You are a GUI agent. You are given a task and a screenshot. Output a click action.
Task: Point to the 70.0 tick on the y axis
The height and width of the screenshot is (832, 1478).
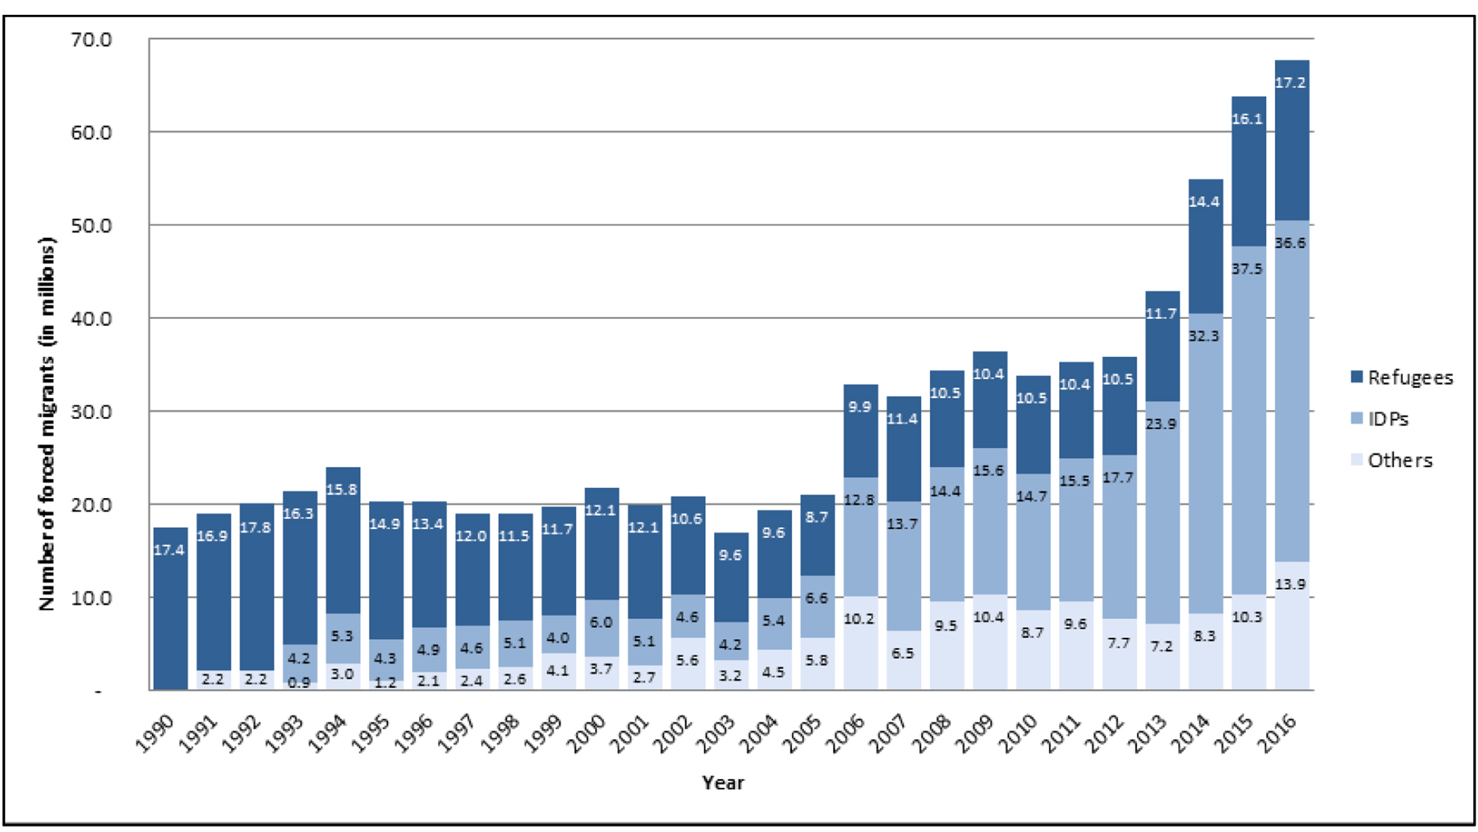(91, 40)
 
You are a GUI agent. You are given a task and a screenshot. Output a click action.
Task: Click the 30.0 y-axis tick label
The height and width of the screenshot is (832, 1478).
(91, 412)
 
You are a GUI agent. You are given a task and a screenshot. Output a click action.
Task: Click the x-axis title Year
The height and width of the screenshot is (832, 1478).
(723, 783)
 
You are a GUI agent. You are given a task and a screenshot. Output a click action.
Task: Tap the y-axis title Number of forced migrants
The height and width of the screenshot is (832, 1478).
(47, 424)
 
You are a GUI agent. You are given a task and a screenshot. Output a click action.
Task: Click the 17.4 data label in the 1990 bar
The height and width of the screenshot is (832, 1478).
(169, 550)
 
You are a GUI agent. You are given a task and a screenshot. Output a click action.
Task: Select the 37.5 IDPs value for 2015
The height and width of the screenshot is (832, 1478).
(1247, 269)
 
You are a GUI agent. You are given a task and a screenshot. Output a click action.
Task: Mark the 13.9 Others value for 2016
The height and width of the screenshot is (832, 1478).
(1290, 584)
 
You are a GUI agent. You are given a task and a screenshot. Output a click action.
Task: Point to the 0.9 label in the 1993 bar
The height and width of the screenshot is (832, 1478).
(299, 683)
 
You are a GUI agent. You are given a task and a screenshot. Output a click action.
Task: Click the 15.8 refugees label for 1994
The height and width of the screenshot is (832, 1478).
(342, 489)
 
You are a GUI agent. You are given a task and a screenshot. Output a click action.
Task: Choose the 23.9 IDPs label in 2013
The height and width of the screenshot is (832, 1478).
(1161, 424)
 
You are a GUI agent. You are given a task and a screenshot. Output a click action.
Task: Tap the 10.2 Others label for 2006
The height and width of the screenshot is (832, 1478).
(859, 618)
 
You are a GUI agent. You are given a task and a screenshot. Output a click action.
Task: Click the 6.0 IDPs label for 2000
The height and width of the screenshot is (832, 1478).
(600, 622)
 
